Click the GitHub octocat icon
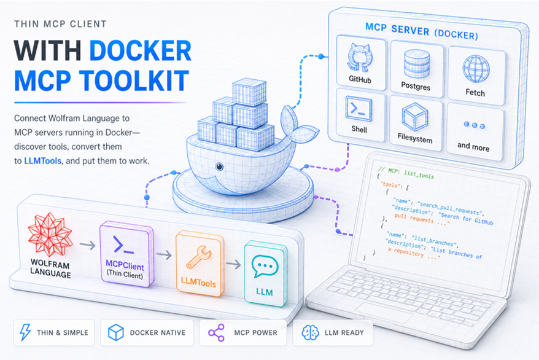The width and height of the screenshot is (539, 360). tap(360, 57)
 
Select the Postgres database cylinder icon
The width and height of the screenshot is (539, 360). tap(417, 64)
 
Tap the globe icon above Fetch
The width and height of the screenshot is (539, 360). tap(476, 69)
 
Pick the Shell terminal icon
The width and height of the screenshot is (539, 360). tap(359, 109)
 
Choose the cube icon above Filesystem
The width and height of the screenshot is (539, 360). tap(415, 117)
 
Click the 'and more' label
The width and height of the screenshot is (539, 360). tap(473, 147)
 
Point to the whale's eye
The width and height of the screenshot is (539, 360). tap(219, 166)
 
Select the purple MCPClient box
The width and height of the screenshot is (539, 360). tap(126, 254)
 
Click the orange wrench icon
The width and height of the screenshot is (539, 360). tap(199, 257)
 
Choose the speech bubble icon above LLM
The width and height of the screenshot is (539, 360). tap(265, 267)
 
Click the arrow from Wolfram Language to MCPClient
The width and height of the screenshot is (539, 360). tap(87, 246)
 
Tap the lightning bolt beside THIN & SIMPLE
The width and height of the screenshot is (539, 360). tap(25, 332)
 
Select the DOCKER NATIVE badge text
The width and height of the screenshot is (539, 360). tap(157, 333)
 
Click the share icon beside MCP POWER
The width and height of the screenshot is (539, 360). tap(216, 332)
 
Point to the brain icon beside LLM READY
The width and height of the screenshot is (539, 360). tap(310, 332)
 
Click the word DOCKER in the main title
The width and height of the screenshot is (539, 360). tap(140, 51)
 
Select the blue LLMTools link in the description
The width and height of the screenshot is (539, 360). tap(42, 161)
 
